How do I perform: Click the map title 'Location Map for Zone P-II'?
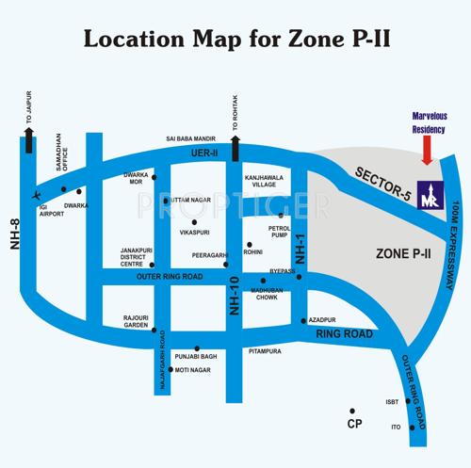[x=235, y=40]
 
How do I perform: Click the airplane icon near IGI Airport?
[x=36, y=195]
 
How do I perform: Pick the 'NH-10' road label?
[x=235, y=295]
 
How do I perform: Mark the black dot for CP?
[x=351, y=412]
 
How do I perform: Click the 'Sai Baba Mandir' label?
[x=189, y=139]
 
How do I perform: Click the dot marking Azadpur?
[x=303, y=320]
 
